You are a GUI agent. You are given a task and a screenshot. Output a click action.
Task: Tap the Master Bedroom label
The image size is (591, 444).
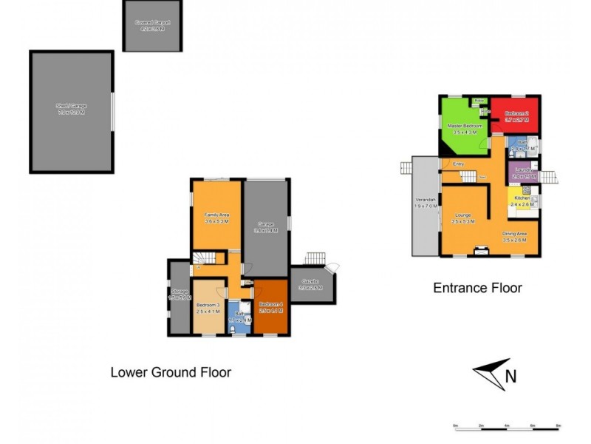[464, 127]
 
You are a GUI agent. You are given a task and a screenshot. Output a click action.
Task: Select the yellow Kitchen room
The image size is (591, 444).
[522, 199]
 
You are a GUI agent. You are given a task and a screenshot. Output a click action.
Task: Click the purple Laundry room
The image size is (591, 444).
[522, 173]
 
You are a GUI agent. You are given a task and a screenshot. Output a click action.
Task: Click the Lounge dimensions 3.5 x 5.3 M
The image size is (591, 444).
[462, 221]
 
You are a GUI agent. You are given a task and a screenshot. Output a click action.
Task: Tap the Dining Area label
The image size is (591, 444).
[514, 234]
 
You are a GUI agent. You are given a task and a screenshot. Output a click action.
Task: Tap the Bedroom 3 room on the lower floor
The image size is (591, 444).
[208, 307]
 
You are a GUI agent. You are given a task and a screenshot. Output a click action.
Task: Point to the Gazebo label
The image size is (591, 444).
[310, 282]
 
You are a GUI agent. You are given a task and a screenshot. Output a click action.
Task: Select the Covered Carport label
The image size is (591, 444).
[152, 24]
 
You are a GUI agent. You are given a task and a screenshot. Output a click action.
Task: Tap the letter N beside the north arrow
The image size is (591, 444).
[510, 377]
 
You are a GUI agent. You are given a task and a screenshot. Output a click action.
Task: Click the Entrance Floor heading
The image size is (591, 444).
[477, 288]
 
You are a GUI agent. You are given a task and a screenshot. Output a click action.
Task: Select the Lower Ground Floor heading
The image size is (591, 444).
[171, 372]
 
